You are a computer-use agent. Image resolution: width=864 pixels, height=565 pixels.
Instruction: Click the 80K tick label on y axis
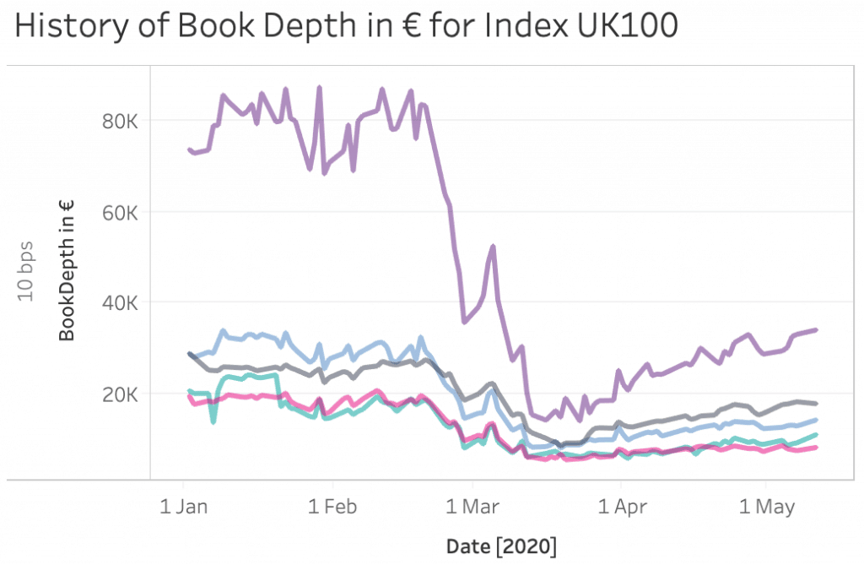120,121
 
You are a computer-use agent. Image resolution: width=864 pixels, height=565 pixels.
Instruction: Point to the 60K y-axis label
120,212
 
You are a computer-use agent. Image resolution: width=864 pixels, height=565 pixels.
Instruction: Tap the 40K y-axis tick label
120,303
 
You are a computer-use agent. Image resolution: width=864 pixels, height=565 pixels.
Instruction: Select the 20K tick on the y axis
120,394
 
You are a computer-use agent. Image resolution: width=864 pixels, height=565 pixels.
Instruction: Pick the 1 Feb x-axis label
332,507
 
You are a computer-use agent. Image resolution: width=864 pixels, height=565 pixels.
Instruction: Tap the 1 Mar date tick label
473,507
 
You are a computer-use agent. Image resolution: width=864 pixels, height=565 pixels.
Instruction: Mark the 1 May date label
766,507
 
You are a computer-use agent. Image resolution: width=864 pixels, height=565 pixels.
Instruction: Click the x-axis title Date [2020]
501,545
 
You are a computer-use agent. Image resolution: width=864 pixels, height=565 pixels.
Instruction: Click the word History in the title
74,27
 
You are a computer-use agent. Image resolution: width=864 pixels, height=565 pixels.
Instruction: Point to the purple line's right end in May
816,329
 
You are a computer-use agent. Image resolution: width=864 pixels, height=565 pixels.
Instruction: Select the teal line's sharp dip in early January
213,421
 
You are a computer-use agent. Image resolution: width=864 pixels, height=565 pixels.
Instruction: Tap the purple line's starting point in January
189,149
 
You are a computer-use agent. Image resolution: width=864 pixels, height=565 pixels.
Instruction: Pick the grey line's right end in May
816,404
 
